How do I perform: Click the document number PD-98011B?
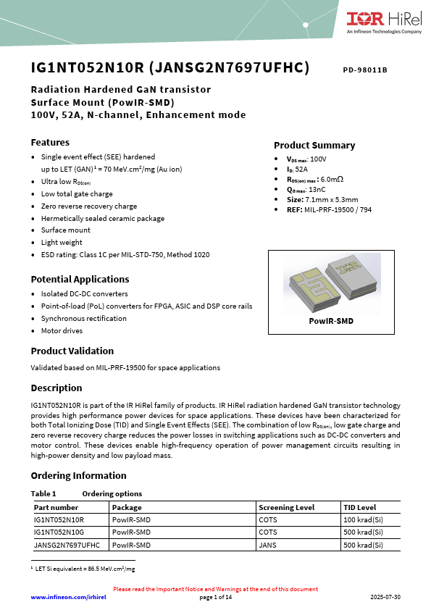click(365, 70)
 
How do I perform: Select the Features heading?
click(50, 142)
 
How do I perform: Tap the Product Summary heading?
click(314, 145)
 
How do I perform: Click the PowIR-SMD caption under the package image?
click(331, 320)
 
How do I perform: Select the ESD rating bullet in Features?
click(125, 255)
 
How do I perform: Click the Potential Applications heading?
click(80, 279)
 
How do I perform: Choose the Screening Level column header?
click(287, 508)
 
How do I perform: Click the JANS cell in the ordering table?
click(267, 545)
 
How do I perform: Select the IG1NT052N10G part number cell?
click(59, 532)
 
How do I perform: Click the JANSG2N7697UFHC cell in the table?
click(67, 545)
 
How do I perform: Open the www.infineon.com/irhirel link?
click(68, 597)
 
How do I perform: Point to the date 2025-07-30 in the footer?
click(385, 597)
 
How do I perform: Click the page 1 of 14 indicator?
click(215, 597)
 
